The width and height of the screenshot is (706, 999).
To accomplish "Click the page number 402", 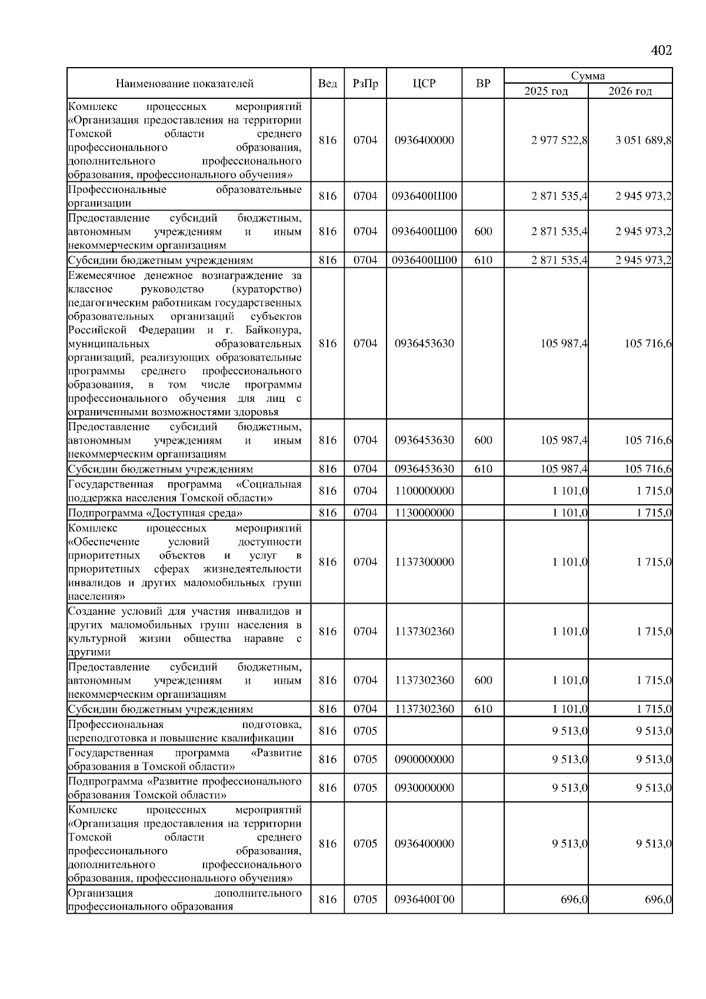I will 661,51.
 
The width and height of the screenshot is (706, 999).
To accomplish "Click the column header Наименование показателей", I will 184,84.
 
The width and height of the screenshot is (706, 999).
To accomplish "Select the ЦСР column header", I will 424,84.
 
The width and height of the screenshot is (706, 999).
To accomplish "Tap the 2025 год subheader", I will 546,91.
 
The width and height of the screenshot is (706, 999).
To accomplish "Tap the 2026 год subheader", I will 630,91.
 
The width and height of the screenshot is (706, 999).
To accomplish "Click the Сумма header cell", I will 588,76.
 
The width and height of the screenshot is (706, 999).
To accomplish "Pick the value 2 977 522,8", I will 559,141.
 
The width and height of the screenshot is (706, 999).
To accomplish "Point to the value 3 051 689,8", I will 644,141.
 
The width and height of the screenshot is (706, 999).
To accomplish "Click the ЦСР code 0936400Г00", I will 424,900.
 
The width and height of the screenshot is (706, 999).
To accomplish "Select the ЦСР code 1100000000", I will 424,491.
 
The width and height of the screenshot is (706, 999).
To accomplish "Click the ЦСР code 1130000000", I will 424,513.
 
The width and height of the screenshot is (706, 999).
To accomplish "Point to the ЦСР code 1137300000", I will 424,562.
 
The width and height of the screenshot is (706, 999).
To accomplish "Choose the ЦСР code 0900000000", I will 424,760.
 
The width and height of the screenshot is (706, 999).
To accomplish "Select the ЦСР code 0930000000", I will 424,788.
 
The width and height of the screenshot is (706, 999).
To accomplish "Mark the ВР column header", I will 482,84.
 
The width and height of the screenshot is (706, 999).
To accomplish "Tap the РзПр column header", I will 365,84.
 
